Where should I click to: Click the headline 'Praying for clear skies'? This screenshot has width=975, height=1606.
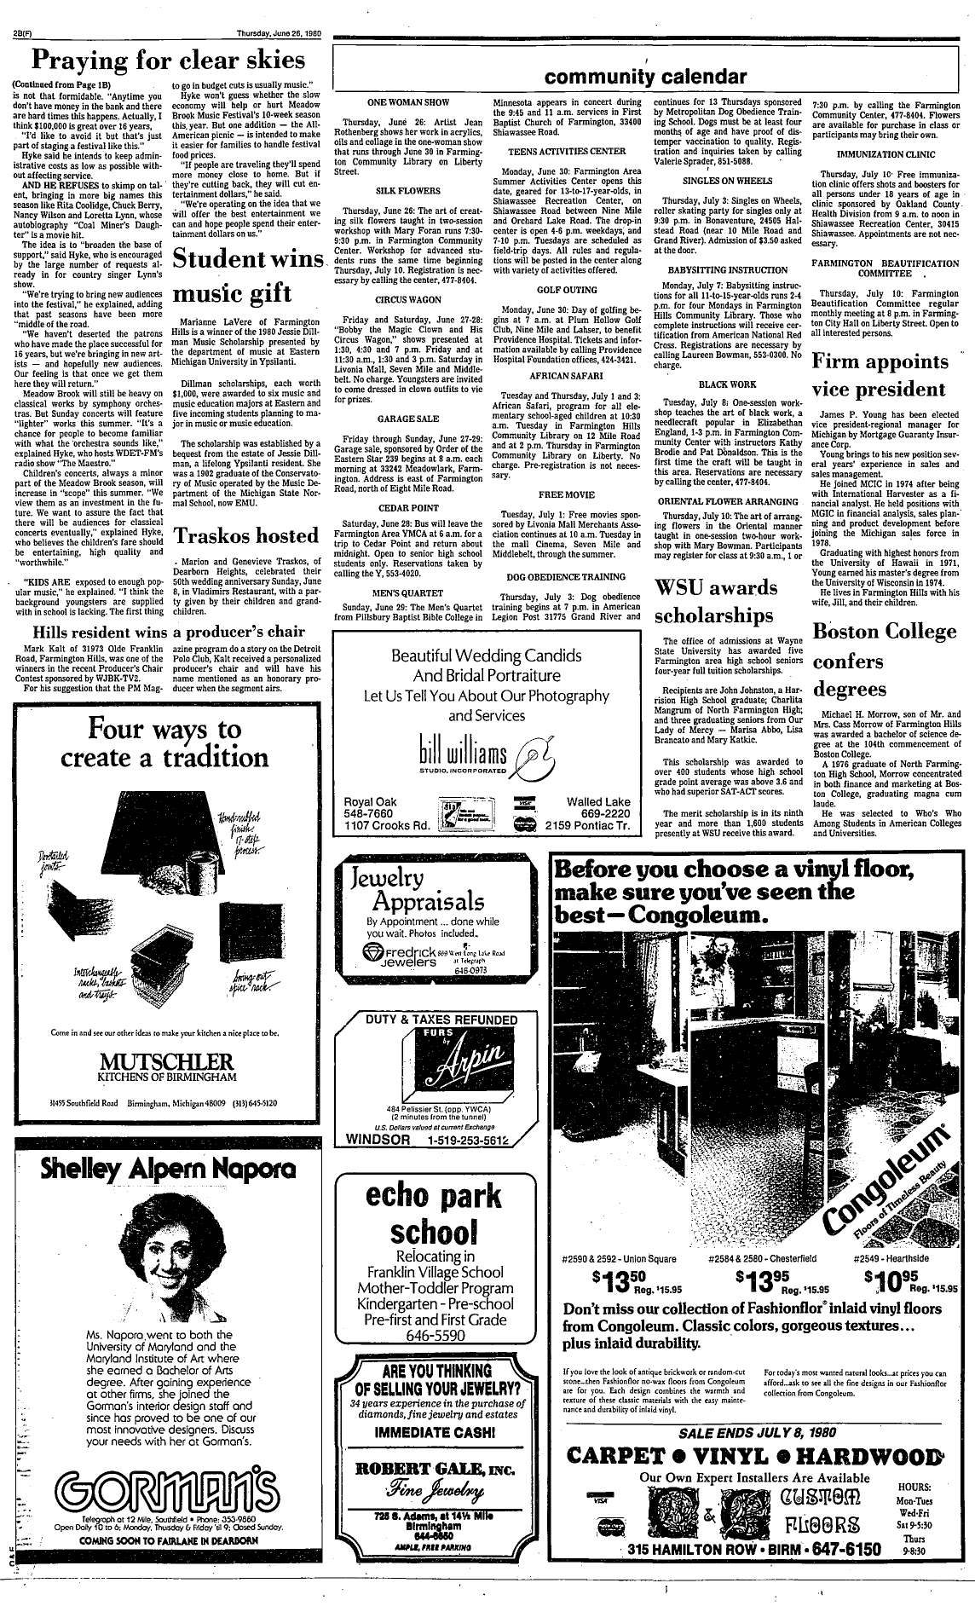[x=167, y=61]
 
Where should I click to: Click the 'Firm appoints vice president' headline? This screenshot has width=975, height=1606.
[x=881, y=376]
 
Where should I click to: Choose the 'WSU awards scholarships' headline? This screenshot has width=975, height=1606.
[x=718, y=601]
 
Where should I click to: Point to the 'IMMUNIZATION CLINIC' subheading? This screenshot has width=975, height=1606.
[x=884, y=154]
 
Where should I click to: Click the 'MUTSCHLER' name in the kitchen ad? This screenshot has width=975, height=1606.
[x=166, y=1062]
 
